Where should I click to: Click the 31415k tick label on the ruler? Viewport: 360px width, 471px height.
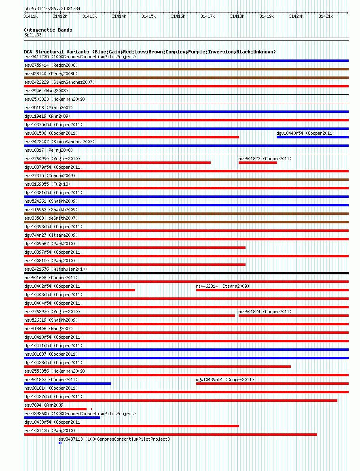[148, 16]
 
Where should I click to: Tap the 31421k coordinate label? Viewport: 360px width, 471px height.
[326, 16]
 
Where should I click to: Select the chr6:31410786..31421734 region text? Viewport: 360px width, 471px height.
[52, 8]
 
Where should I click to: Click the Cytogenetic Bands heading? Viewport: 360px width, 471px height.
[48, 30]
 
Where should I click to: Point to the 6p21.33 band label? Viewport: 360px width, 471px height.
[33, 35]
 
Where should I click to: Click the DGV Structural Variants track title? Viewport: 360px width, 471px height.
[150, 52]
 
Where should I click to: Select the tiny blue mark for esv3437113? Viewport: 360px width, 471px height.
[60, 443]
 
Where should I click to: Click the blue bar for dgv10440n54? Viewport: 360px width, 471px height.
[312, 137]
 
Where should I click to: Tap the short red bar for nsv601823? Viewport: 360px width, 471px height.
[258, 163]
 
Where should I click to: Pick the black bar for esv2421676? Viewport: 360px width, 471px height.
[186, 273]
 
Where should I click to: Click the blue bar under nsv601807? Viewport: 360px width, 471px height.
[68, 384]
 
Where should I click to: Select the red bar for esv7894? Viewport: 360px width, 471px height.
[55, 409]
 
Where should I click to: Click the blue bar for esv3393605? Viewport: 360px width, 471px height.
[62, 418]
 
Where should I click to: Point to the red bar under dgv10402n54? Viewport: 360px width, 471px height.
[79, 290]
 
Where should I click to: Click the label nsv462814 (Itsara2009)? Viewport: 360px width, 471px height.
[222, 286]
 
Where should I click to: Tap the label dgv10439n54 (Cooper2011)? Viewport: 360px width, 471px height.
[225, 380]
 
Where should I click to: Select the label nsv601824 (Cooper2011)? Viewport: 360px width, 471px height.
[265, 312]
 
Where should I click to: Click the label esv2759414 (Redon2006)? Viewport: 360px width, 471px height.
[51, 65]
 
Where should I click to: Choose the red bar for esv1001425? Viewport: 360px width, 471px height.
[170, 435]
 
